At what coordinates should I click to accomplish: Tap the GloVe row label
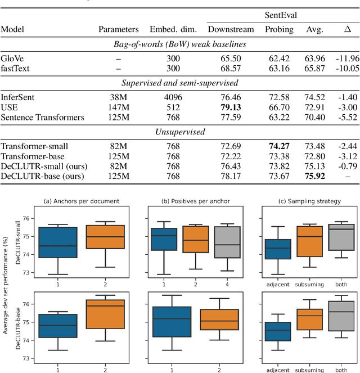click(12, 57)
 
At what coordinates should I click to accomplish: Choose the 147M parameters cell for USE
click(118, 107)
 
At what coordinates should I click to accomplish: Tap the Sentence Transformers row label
click(42, 117)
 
